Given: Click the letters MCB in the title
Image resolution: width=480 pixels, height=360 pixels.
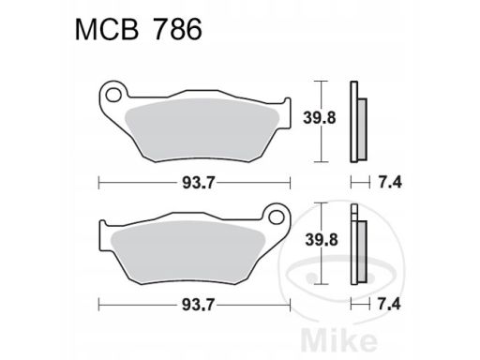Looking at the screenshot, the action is point(107,29).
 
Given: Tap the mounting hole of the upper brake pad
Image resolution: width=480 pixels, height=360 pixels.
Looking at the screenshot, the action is point(113,95).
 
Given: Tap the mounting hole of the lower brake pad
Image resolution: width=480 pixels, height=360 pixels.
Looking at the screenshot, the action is point(277,217).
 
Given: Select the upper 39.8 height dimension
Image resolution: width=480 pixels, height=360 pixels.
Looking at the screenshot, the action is point(320,118).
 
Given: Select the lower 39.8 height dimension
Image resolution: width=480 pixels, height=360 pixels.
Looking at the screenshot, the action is point(322,240).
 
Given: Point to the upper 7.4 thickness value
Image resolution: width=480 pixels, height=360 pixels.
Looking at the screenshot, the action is point(390,183).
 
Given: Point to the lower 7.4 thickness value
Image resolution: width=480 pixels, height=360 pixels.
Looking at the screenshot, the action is point(389,305).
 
